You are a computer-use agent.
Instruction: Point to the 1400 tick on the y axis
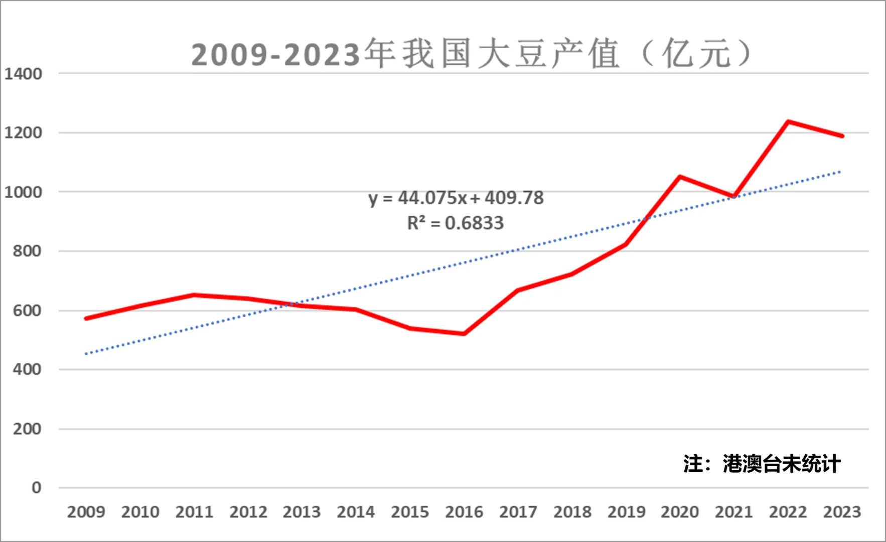tap(23, 74)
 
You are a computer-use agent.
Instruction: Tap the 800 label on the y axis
tap(27, 251)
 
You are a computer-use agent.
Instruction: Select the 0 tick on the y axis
tap(36, 487)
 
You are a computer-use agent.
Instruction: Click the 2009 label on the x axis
tap(86, 512)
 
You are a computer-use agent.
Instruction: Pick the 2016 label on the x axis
tap(464, 512)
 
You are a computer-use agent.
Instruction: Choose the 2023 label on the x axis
tap(842, 512)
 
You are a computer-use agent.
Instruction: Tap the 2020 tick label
tap(680, 512)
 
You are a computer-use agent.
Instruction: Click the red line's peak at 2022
tap(788, 121)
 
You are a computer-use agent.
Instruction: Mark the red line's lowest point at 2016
tap(464, 334)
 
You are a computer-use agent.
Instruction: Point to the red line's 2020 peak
tap(680, 177)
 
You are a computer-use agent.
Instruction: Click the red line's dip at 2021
tap(734, 196)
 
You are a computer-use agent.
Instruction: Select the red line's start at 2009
tap(86, 318)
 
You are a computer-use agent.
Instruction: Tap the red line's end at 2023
tap(842, 136)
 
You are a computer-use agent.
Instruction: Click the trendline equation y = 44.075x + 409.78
tap(456, 198)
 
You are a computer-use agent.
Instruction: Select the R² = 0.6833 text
tap(455, 223)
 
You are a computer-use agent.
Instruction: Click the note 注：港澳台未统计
tap(761, 464)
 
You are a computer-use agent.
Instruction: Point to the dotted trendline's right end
tap(840, 172)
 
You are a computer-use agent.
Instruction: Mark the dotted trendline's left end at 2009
tap(86, 354)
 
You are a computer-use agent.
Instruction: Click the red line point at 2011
tap(194, 295)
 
